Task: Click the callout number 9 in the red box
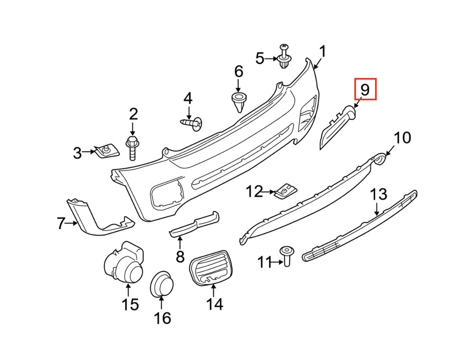tap(365, 90)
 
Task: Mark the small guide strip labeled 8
tap(195, 223)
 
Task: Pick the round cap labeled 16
tap(161, 284)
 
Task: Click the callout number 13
tap(379, 195)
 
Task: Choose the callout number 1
tap(323, 53)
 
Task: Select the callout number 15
tap(129, 304)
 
